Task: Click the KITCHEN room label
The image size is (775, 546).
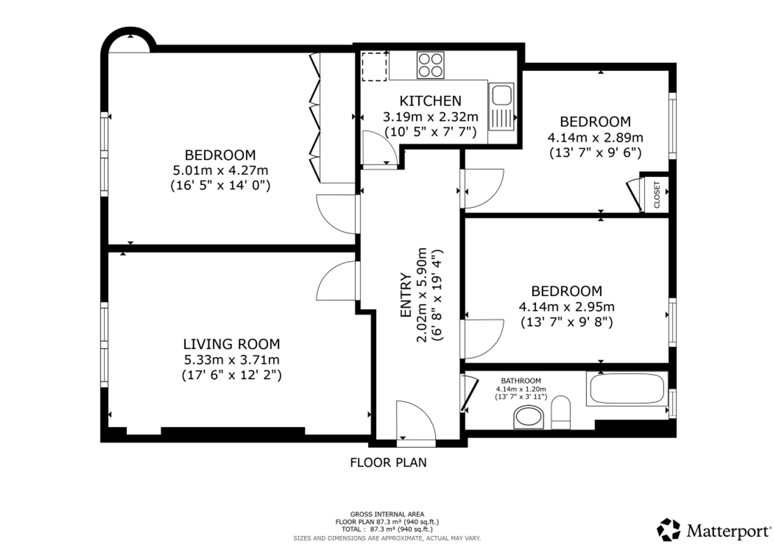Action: point(430,101)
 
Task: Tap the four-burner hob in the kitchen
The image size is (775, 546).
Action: point(431,65)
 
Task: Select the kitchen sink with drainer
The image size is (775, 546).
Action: point(501,106)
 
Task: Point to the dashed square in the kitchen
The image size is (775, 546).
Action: point(374,67)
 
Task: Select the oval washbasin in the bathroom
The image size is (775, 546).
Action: point(528,418)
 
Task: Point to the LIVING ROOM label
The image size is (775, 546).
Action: point(231,344)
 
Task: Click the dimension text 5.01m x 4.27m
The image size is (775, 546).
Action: point(220,171)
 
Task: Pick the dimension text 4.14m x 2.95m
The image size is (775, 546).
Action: point(567,307)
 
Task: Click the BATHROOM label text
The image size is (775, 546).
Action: point(521,381)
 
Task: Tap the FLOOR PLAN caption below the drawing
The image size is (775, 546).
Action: point(388,462)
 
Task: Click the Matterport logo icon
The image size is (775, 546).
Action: point(668,530)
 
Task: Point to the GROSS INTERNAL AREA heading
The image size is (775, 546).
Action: point(387,515)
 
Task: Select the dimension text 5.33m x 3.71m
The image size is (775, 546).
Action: point(232,360)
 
